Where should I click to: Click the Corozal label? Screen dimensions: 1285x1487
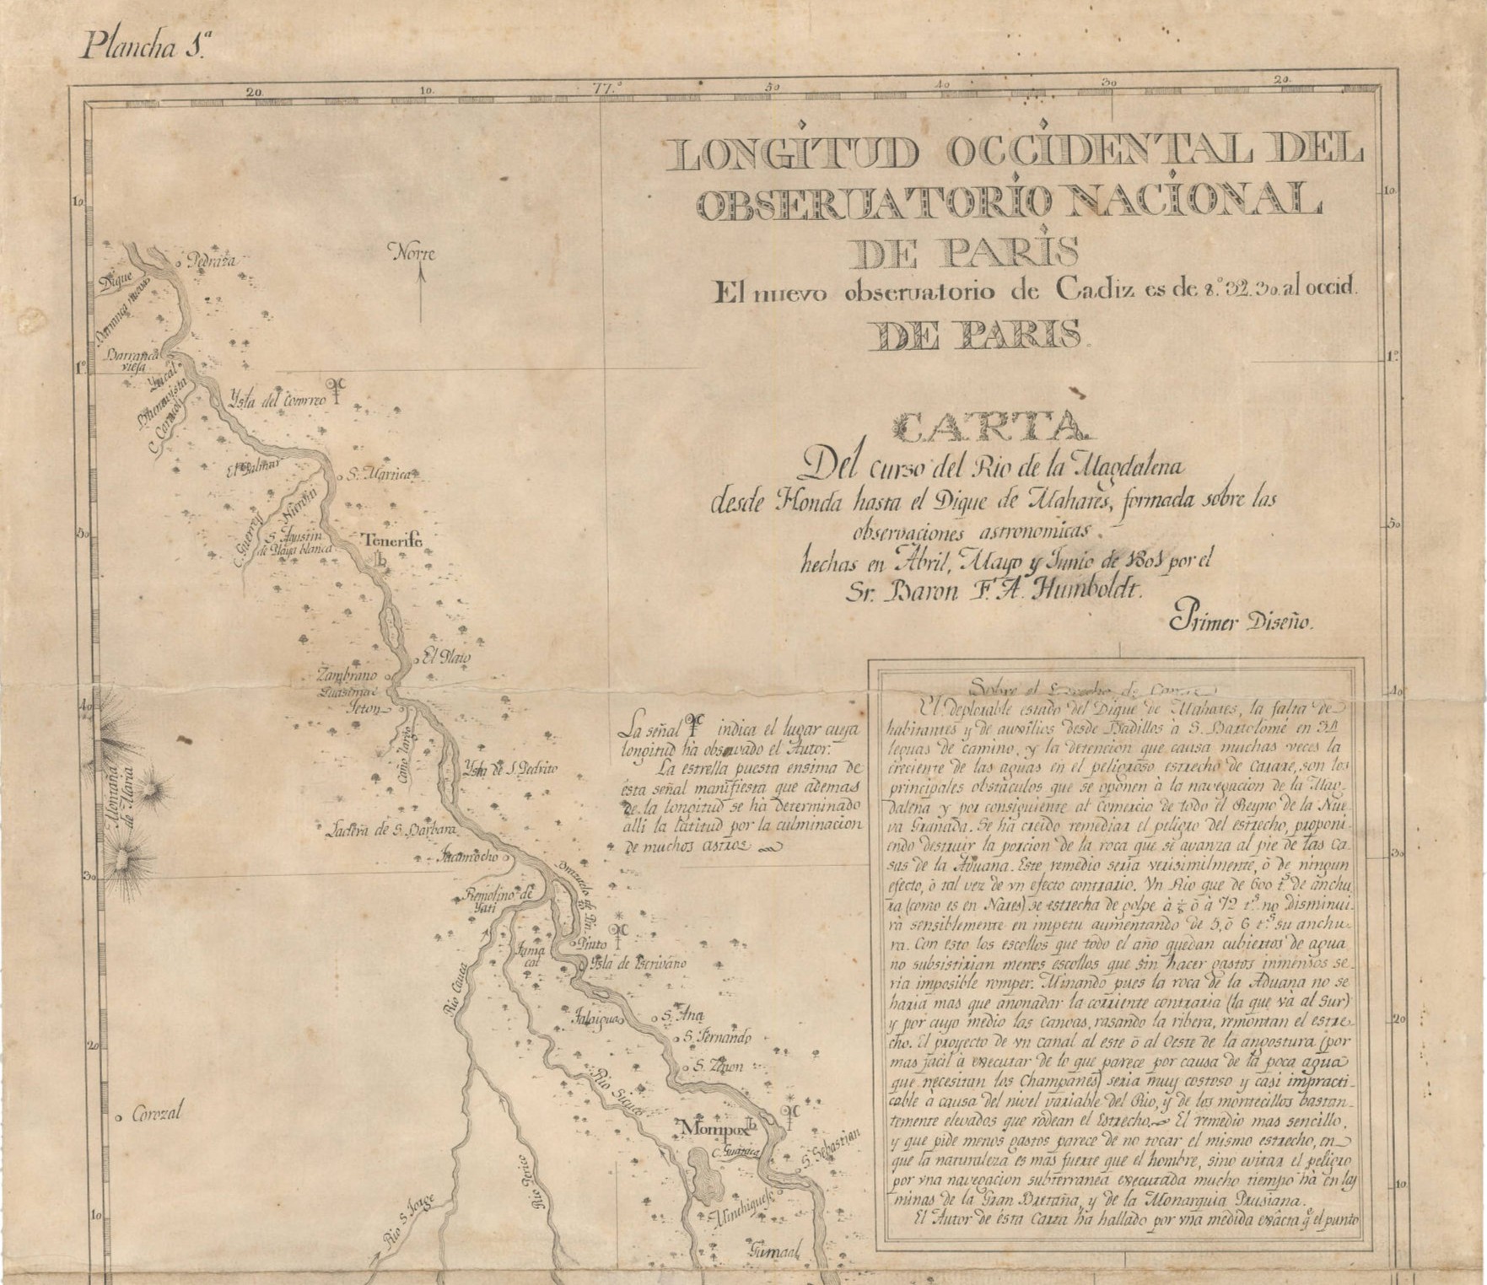156,1114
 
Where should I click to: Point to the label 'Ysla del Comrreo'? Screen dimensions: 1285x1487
277,401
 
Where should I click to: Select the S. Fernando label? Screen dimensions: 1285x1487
716,1036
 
